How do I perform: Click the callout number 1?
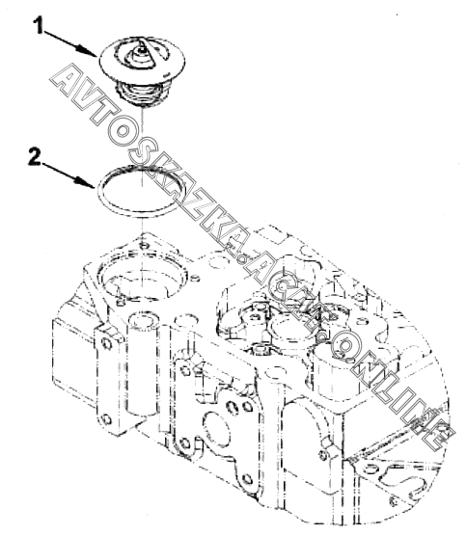point(39,26)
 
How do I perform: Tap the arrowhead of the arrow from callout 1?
point(89,51)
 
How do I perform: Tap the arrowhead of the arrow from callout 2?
point(87,182)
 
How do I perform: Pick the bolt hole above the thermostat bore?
point(144,245)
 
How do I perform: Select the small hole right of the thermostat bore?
point(196,279)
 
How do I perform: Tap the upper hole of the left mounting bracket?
point(107,344)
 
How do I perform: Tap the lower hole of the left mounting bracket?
point(107,419)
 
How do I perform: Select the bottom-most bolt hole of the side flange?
point(247,479)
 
